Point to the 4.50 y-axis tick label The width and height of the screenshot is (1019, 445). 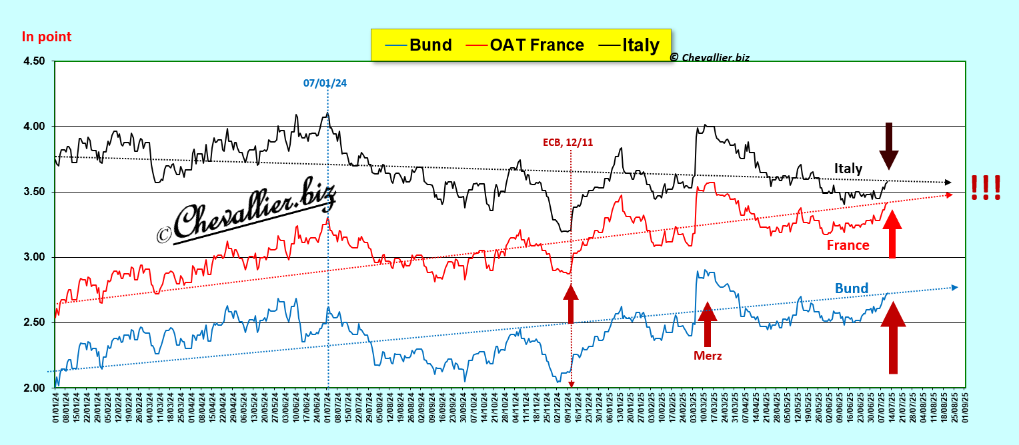pos(34,61)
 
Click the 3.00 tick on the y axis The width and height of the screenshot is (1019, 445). pos(34,257)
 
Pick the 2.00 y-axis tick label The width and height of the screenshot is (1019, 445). pos(34,388)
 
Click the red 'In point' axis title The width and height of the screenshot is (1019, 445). pos(47,37)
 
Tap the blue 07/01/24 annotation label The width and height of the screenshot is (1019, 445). pos(325,83)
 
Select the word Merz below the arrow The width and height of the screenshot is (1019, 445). pos(708,356)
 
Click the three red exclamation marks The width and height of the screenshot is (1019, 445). pos(986,187)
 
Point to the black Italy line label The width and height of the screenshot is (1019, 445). pos(848,169)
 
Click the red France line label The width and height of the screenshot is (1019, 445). pos(848,245)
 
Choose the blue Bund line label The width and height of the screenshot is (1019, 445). pos(852,288)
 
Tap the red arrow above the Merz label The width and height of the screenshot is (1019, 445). pos(708,324)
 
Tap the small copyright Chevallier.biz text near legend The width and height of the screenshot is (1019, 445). pos(710,58)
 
